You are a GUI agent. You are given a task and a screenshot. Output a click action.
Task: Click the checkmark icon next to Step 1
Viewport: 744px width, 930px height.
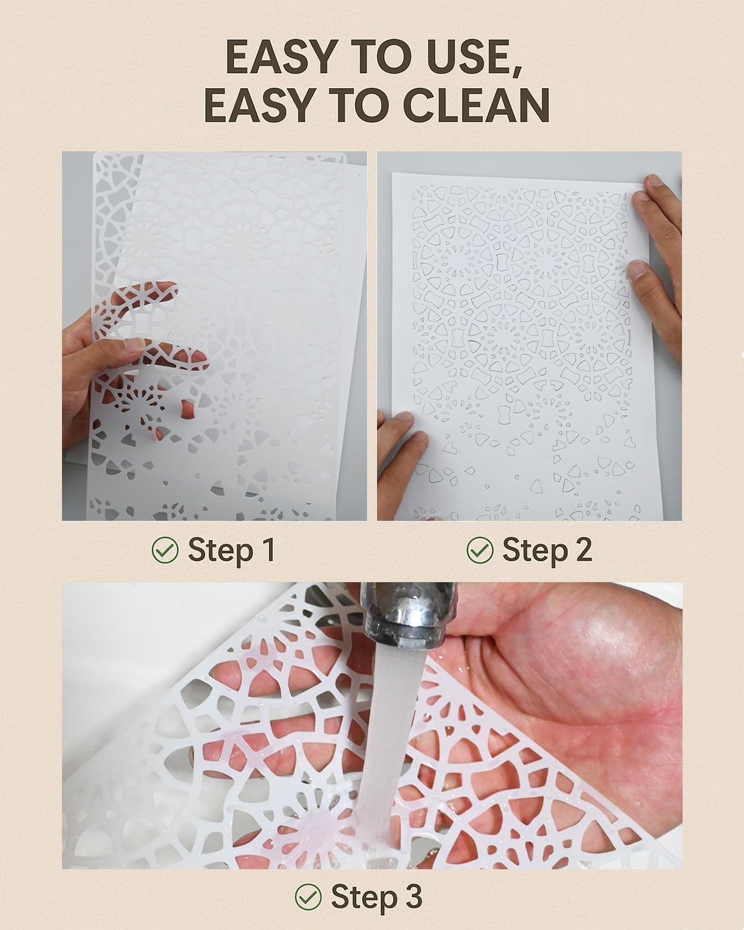click(165, 549)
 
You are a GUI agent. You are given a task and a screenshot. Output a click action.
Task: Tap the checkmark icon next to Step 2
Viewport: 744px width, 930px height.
click(479, 549)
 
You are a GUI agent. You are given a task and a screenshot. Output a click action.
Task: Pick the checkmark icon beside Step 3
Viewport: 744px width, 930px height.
click(308, 896)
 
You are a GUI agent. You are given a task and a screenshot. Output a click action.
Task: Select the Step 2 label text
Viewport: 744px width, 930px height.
click(547, 549)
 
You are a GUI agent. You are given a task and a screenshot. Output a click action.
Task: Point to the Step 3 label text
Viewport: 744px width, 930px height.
click(376, 896)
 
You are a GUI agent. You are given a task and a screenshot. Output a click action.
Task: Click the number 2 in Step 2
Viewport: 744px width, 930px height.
click(582, 549)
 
